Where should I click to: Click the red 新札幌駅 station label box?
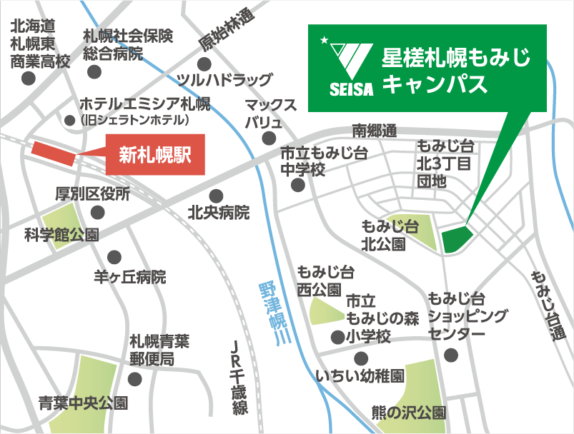pos(156,154)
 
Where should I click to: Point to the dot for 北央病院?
pos(217,194)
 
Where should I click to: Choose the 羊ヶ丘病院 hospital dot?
pos(114,257)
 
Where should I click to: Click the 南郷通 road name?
pos(374,131)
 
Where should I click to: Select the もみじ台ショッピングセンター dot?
pos(450,354)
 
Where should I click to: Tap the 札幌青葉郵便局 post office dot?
pos(134,378)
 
